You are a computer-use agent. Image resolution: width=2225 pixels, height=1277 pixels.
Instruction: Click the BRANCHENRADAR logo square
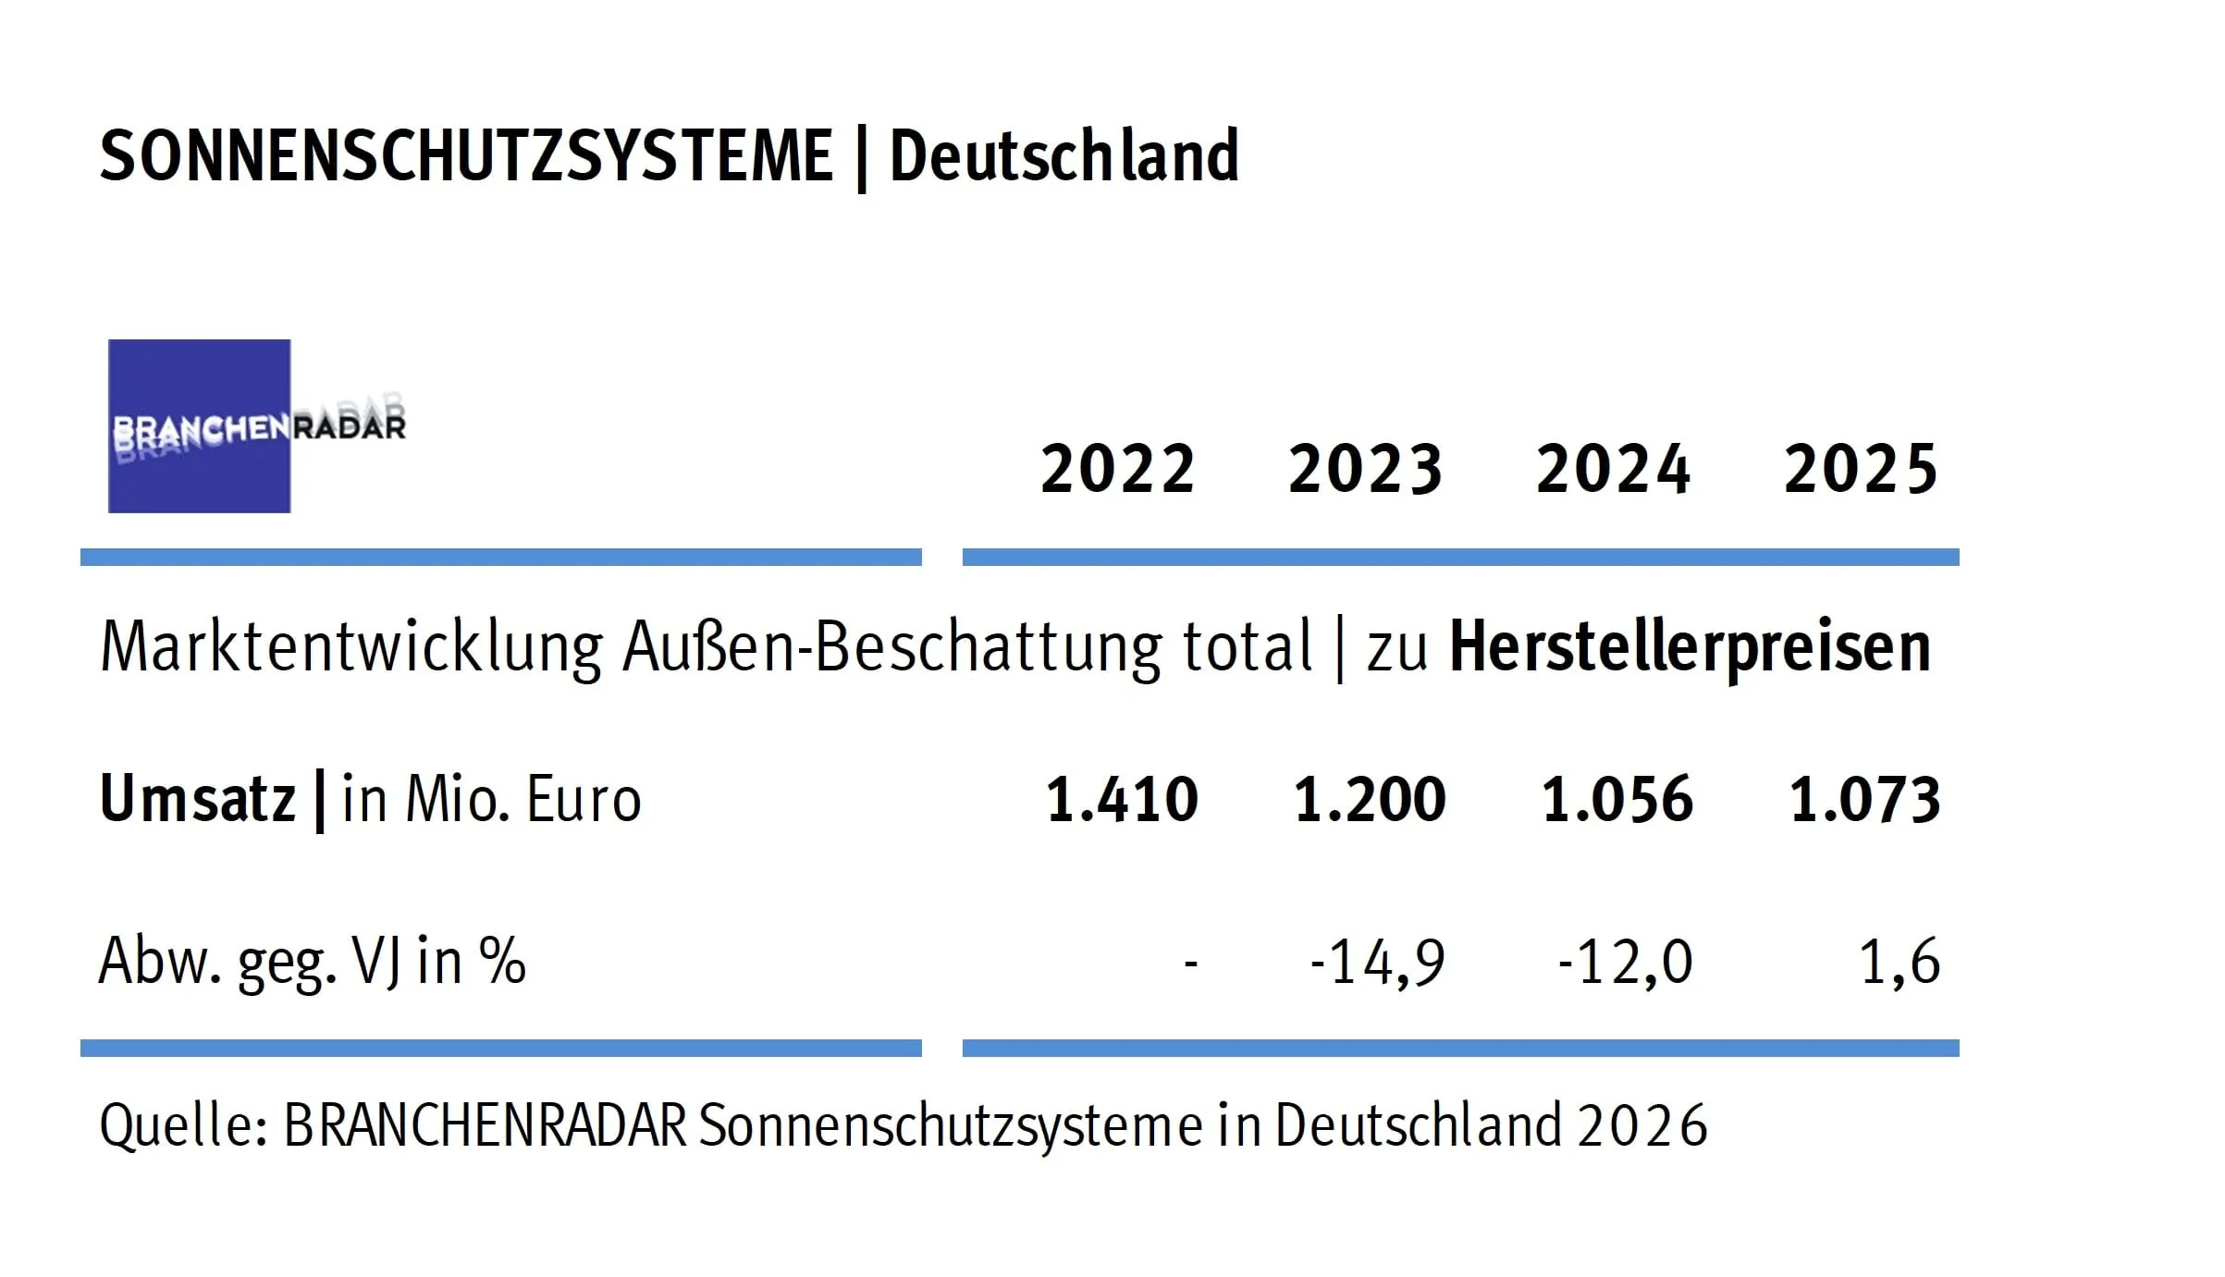coord(199,425)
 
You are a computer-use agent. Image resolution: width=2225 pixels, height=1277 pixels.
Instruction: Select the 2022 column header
coord(1117,469)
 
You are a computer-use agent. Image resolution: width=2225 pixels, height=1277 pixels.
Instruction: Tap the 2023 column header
coord(1365,469)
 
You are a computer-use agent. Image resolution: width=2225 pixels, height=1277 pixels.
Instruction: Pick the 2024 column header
coord(1613,469)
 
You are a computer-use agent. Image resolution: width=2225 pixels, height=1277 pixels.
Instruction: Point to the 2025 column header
coord(1861,469)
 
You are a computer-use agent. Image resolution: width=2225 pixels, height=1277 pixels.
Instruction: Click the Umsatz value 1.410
coord(1122,799)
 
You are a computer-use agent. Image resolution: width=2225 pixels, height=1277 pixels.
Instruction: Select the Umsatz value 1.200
coord(1370,799)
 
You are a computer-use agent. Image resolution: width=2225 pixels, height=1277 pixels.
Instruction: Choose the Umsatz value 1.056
coord(1617,799)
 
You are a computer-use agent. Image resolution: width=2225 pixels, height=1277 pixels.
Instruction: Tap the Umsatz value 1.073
coord(1865,799)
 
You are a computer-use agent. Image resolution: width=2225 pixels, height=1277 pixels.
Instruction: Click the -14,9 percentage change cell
coord(1378,962)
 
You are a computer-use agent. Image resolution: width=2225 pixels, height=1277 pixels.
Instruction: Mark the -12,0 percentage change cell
coord(1626,962)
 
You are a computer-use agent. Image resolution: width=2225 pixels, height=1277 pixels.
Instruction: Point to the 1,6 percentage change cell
coord(1899,962)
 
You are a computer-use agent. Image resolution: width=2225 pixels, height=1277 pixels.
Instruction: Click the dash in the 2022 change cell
coord(1191,964)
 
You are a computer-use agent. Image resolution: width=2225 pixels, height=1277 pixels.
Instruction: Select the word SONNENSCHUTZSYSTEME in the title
coord(466,155)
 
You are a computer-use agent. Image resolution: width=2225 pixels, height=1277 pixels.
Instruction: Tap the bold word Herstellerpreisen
coord(1690,647)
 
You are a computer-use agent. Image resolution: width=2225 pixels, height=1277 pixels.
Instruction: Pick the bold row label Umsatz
coord(197,799)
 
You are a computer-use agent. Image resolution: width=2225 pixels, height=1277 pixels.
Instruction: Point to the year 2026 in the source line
coord(1642,1125)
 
